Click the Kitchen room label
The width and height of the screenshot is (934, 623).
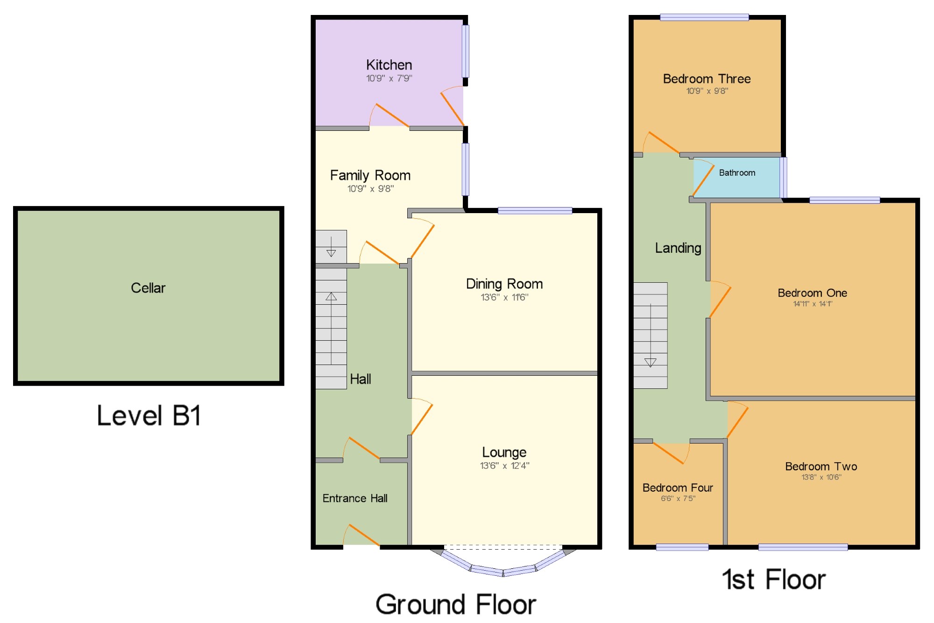(x=389, y=64)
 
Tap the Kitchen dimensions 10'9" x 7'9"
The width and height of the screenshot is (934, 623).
(x=389, y=78)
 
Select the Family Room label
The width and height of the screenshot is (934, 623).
(x=370, y=175)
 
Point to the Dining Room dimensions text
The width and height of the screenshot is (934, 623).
(x=504, y=297)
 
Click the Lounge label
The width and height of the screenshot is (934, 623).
(x=504, y=452)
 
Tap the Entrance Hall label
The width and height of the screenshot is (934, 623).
(x=355, y=498)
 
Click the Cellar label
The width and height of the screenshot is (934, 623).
(x=148, y=288)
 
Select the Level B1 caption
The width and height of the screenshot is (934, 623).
(x=149, y=415)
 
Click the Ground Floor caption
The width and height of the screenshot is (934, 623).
(x=456, y=604)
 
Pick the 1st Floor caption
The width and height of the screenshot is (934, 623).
(x=774, y=580)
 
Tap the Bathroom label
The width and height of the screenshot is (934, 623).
(x=737, y=173)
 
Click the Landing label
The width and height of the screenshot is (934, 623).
(x=678, y=248)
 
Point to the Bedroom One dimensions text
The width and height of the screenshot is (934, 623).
(x=813, y=304)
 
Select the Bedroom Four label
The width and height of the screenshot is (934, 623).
(x=678, y=488)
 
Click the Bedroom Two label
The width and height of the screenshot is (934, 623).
(x=821, y=466)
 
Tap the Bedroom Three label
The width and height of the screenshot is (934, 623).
(x=707, y=79)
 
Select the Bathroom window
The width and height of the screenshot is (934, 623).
(x=784, y=178)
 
